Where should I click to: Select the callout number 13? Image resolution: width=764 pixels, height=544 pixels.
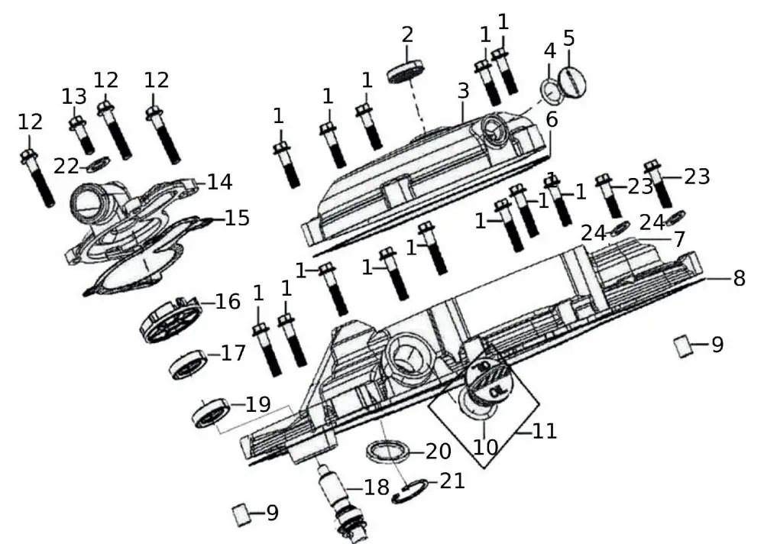point(74,96)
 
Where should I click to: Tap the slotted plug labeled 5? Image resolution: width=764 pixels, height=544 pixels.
point(574,82)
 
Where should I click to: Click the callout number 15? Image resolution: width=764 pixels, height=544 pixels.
point(237,218)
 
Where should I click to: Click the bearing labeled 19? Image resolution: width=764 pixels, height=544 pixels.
point(210,413)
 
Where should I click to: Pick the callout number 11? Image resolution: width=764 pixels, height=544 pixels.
point(545,432)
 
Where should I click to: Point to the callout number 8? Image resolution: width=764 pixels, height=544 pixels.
point(738,279)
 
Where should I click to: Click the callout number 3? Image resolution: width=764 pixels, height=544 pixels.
point(463,92)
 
